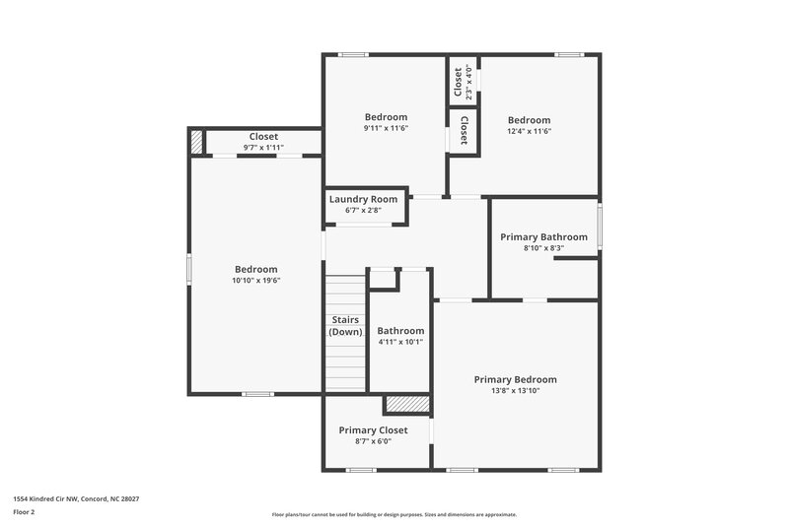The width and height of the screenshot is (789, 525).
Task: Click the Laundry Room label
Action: pyautogui.click(x=364, y=199)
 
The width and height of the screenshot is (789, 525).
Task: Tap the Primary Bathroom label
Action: pyautogui.click(x=543, y=236)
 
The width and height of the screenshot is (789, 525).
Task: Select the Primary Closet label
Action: pyautogui.click(x=373, y=430)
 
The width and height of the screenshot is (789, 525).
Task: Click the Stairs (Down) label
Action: pyautogui.click(x=345, y=326)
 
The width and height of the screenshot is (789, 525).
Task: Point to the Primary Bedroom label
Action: pyautogui.click(x=515, y=379)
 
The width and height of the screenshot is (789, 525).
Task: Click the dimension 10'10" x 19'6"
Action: pyautogui.click(x=255, y=281)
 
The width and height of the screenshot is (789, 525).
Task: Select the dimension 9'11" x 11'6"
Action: pyautogui.click(x=386, y=128)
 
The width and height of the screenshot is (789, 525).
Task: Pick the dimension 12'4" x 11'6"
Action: pyautogui.click(x=529, y=131)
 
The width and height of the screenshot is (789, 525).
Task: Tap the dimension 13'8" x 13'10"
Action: pyautogui.click(x=515, y=391)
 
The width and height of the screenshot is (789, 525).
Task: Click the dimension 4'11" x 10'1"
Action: pyautogui.click(x=400, y=343)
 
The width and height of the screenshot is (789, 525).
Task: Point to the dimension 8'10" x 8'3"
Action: pyautogui.click(x=543, y=248)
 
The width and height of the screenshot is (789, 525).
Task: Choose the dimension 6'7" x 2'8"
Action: pyautogui.click(x=364, y=211)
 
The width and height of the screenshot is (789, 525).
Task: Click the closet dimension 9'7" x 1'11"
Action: pyautogui.click(x=263, y=148)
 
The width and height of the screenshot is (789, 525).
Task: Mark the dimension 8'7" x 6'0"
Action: pyautogui.click(x=373, y=442)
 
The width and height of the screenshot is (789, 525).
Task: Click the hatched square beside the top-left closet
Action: pyautogui.click(x=196, y=141)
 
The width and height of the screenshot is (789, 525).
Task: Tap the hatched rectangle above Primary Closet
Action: pyautogui.click(x=407, y=404)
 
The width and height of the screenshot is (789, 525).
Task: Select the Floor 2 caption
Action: pyautogui.click(x=24, y=512)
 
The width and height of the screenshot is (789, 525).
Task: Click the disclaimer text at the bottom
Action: pyautogui.click(x=394, y=514)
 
